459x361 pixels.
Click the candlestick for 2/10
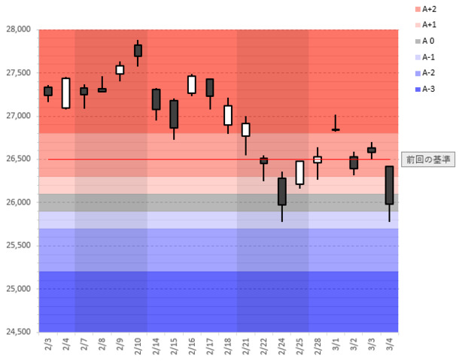138,50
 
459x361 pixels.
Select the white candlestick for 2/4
65,93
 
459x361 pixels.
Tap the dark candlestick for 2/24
281,191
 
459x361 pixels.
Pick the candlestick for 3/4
389,185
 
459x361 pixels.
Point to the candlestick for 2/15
174,114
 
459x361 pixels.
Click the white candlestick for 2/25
299,172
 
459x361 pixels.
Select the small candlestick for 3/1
335,129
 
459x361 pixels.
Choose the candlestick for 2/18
227,114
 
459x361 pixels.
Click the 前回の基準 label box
427,159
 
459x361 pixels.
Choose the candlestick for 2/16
192,84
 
